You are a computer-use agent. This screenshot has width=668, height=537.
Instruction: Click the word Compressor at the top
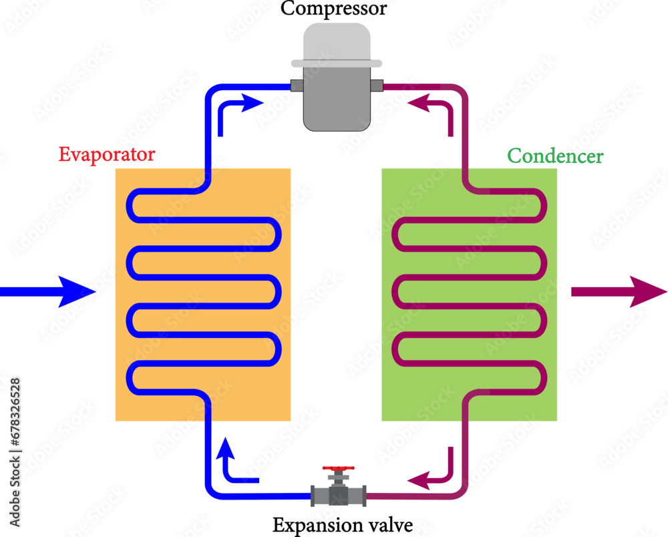click(333, 9)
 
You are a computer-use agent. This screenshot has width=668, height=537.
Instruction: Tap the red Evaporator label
click(107, 155)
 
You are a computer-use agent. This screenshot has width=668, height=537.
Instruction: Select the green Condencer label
click(555, 156)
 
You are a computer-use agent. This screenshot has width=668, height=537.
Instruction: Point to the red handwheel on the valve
click(338, 470)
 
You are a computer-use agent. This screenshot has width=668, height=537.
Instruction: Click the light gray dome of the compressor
click(337, 41)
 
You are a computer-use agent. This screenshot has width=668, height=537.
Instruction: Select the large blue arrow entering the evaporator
click(50, 291)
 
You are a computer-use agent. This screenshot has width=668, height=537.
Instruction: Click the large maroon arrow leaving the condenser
click(618, 291)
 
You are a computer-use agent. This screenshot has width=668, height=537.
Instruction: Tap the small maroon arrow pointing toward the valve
click(434, 472)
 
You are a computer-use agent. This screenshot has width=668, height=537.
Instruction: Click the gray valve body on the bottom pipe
click(338, 495)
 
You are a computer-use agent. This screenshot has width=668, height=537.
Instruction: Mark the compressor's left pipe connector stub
click(296, 86)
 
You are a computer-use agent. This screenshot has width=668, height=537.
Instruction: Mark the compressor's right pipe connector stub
click(376, 86)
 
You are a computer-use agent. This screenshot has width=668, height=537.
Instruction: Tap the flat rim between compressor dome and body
click(337, 63)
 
